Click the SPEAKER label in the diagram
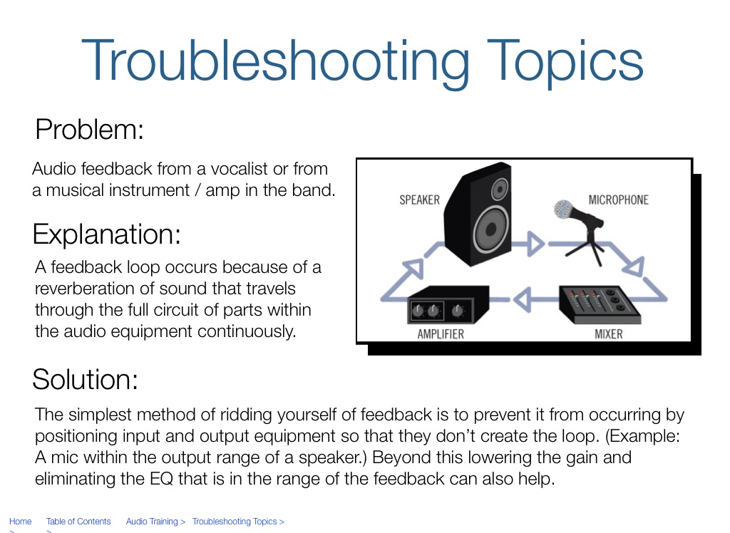pyautogui.click(x=419, y=200)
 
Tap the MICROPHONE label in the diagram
pyautogui.click(x=618, y=200)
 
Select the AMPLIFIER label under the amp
pyautogui.click(x=441, y=334)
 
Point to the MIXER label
pyautogui.click(x=609, y=334)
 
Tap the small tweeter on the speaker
pyautogui.click(x=500, y=189)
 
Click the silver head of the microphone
pyautogui.click(x=563, y=209)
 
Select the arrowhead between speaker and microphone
pyautogui.click(x=535, y=244)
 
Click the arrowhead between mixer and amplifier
pyautogui.click(x=523, y=299)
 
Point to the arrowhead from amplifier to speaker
pyautogui.click(x=413, y=269)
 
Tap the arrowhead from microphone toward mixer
pyautogui.click(x=634, y=266)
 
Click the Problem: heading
pyautogui.click(x=89, y=130)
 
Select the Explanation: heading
pyautogui.click(x=106, y=234)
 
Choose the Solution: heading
pyautogui.click(x=86, y=379)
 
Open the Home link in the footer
pyautogui.click(x=21, y=522)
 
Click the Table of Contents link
pyautogui.click(x=78, y=522)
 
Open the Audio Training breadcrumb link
pyautogui.click(x=152, y=522)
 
